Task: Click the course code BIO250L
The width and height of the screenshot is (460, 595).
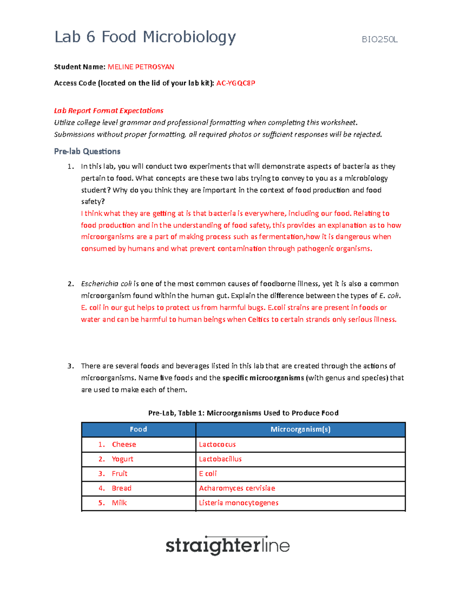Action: [379, 39]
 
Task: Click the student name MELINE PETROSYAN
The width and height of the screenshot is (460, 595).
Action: [141, 67]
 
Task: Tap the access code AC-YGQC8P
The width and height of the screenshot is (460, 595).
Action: [236, 83]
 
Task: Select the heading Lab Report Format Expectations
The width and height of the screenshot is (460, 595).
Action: [108, 111]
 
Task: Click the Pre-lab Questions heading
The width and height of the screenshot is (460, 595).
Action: [87, 151]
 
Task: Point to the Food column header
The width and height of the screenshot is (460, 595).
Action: [138, 429]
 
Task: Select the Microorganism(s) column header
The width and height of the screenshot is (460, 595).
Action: [301, 429]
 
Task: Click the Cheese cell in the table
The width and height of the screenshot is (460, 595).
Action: [124, 444]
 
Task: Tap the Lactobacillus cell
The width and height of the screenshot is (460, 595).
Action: [220, 459]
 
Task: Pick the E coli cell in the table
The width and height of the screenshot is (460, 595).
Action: [208, 474]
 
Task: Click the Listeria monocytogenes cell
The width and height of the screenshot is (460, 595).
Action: [238, 503]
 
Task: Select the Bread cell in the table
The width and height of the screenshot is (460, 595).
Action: [122, 488]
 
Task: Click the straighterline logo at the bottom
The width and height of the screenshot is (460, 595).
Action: [227, 546]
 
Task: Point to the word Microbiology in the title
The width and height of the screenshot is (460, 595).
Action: [189, 37]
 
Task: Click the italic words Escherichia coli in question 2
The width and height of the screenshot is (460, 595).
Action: [106, 284]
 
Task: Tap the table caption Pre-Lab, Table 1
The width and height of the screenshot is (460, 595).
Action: [243, 413]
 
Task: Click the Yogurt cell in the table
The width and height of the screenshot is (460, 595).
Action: [122, 459]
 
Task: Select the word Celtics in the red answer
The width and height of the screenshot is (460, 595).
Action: [258, 320]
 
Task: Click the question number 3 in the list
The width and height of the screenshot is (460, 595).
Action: [70, 366]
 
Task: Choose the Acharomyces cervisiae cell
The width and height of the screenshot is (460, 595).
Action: [237, 488]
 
